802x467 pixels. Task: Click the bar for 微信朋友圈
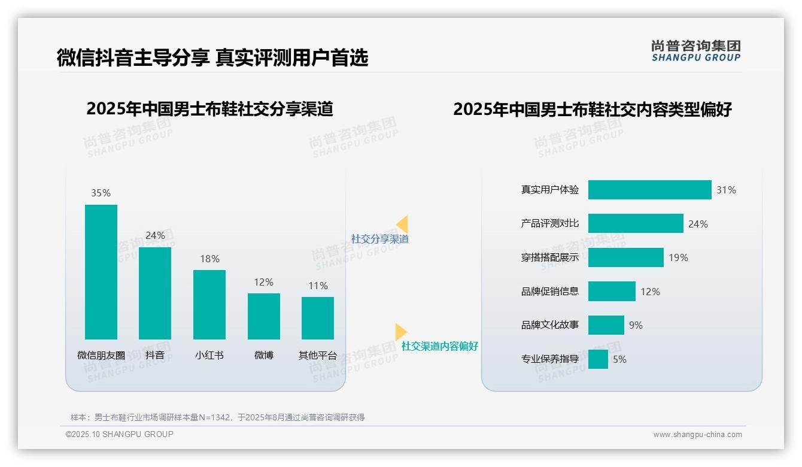[101, 272]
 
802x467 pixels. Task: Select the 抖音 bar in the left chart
[155, 293]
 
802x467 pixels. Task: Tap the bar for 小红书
[209, 305]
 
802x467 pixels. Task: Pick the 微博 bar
[263, 316]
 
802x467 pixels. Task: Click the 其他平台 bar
[318, 318]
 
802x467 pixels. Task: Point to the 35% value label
[101, 193]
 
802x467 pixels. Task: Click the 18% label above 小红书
[209, 259]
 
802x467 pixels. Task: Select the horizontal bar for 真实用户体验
[649, 190]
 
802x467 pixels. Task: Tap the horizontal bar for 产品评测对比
[636, 223]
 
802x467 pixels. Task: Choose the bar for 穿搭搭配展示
[625, 257]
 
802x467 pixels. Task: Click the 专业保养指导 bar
[598, 359]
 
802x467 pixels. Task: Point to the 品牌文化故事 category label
[550, 325]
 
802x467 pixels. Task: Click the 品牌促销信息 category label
[550, 292]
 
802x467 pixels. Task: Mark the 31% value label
[726, 190]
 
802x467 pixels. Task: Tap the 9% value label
[636, 325]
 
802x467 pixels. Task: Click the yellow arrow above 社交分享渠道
[402, 225]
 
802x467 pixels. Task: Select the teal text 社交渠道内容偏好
[440, 346]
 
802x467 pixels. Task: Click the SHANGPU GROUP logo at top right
[696, 51]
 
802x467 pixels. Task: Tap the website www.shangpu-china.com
[697, 435]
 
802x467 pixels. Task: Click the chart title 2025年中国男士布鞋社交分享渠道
[209, 109]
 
